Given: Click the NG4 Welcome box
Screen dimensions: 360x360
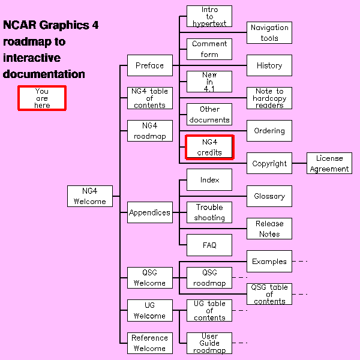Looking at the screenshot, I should point(90,196).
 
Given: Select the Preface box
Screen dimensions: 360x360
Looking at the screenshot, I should point(149,65).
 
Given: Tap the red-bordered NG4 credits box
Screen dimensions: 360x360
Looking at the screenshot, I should point(209,147).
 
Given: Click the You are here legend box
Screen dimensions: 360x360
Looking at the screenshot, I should point(42,98).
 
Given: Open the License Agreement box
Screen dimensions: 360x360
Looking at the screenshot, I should point(329,164).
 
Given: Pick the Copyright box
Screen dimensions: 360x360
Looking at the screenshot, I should point(269,163).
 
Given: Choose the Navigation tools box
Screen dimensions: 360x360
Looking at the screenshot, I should point(269,33).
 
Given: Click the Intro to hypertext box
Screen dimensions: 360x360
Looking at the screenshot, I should point(209,16).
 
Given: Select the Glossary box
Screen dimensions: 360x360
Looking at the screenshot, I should point(269,196).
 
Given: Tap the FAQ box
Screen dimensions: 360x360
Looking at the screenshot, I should point(209,245).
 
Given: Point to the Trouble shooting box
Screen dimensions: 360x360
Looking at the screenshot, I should point(209,212).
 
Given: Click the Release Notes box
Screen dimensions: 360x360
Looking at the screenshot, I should point(269,229).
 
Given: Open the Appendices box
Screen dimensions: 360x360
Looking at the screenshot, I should point(149,212).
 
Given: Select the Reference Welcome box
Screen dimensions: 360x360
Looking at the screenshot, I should point(149,343).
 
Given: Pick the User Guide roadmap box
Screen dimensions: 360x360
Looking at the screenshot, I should point(209,343).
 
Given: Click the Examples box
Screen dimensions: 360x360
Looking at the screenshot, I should point(269,262).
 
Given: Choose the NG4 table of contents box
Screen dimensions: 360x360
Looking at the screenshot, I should point(149,98).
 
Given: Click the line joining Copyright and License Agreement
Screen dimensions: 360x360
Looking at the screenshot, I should point(299,163).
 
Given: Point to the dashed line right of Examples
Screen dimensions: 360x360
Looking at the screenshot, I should point(300,262).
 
